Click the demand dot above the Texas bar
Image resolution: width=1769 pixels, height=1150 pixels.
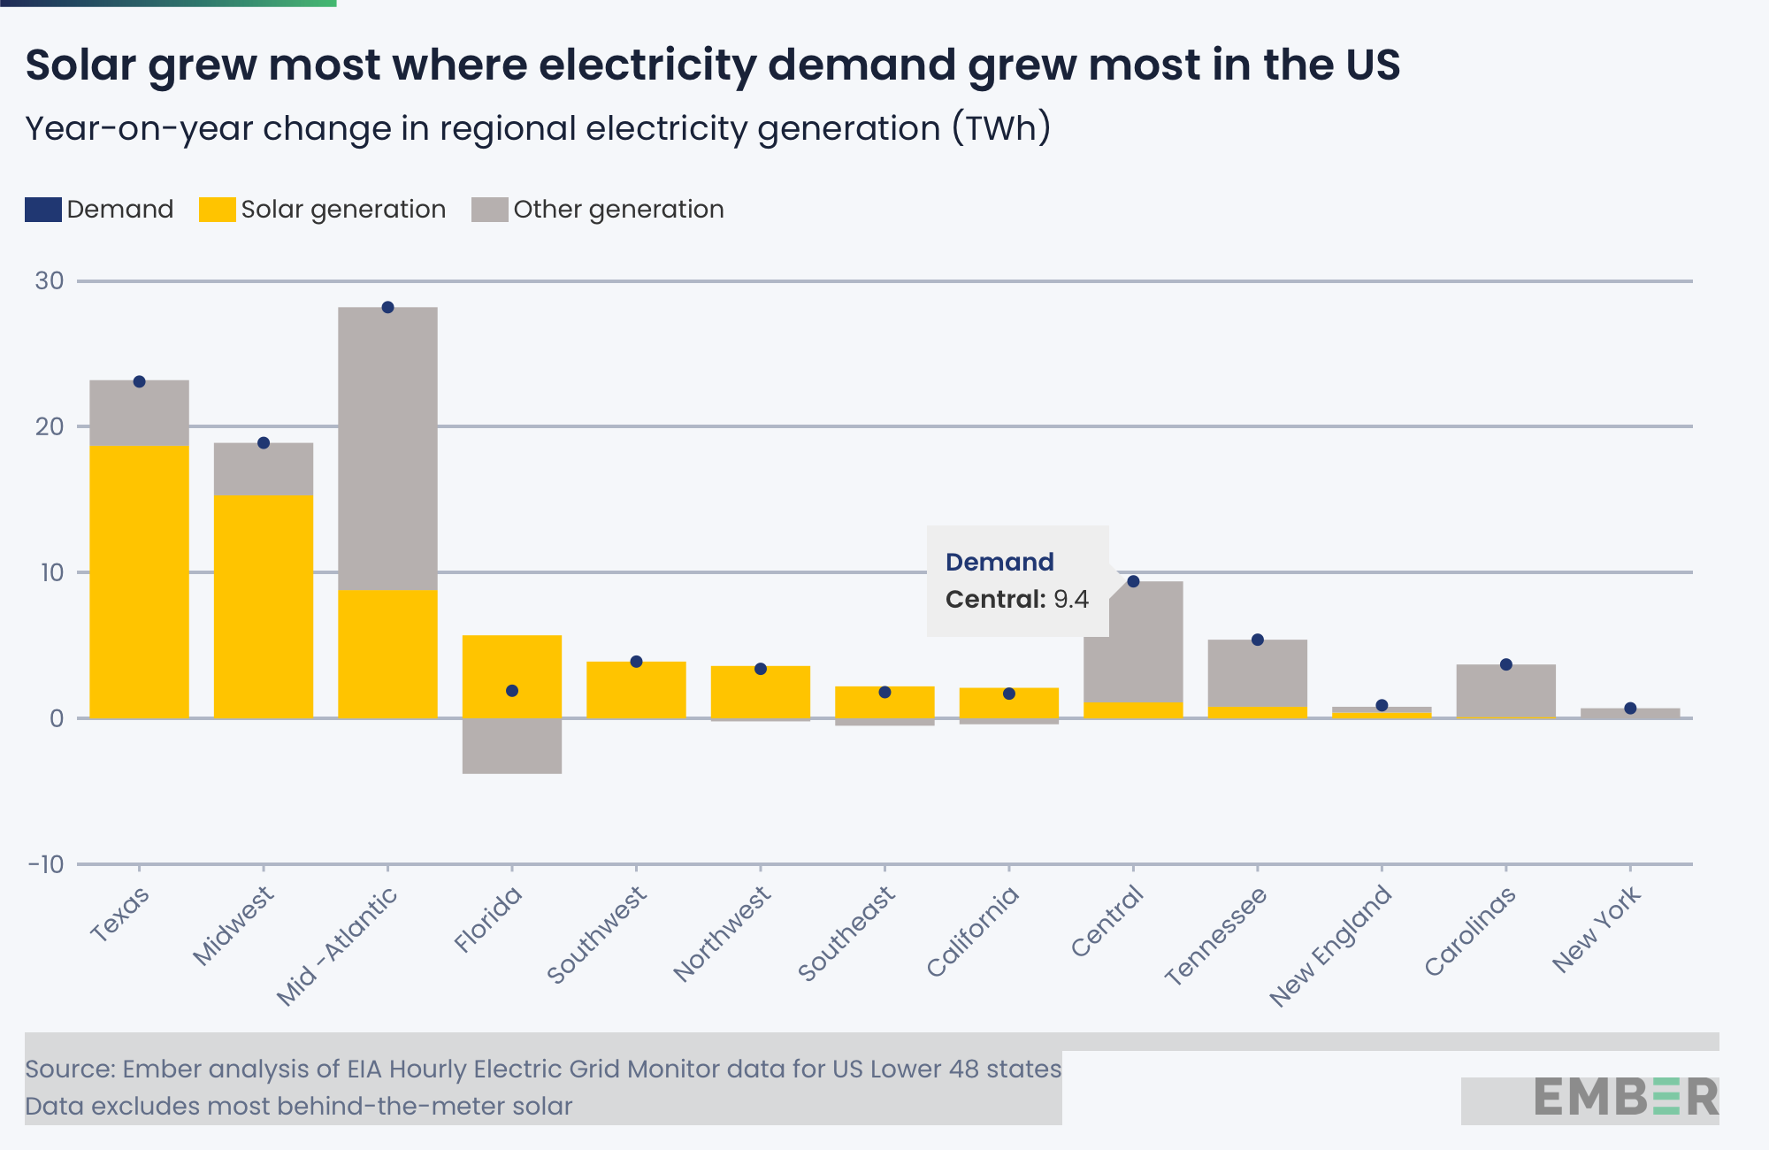139,381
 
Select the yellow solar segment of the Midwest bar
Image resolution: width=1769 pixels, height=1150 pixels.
264,606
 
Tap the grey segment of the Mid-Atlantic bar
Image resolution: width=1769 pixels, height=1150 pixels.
387,448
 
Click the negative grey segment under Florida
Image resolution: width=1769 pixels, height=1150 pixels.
512,746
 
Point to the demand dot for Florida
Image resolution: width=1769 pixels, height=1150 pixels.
512,691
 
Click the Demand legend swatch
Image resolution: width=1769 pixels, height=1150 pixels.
42,210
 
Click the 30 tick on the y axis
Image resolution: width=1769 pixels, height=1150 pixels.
50,281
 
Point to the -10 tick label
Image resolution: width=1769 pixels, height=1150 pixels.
47,864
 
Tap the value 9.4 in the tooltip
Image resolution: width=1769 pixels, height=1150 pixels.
1071,600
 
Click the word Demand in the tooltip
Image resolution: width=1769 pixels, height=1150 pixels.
999,563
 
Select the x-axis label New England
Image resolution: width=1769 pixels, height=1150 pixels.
1331,946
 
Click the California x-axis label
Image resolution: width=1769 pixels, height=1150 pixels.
973,931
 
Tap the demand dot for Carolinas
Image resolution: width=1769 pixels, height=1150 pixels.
1506,664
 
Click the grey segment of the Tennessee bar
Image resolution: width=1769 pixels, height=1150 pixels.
1258,673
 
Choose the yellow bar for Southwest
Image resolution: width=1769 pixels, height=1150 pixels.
636,690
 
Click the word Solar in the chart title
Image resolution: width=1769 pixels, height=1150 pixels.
80,65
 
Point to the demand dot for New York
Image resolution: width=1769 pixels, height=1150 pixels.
1630,709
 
